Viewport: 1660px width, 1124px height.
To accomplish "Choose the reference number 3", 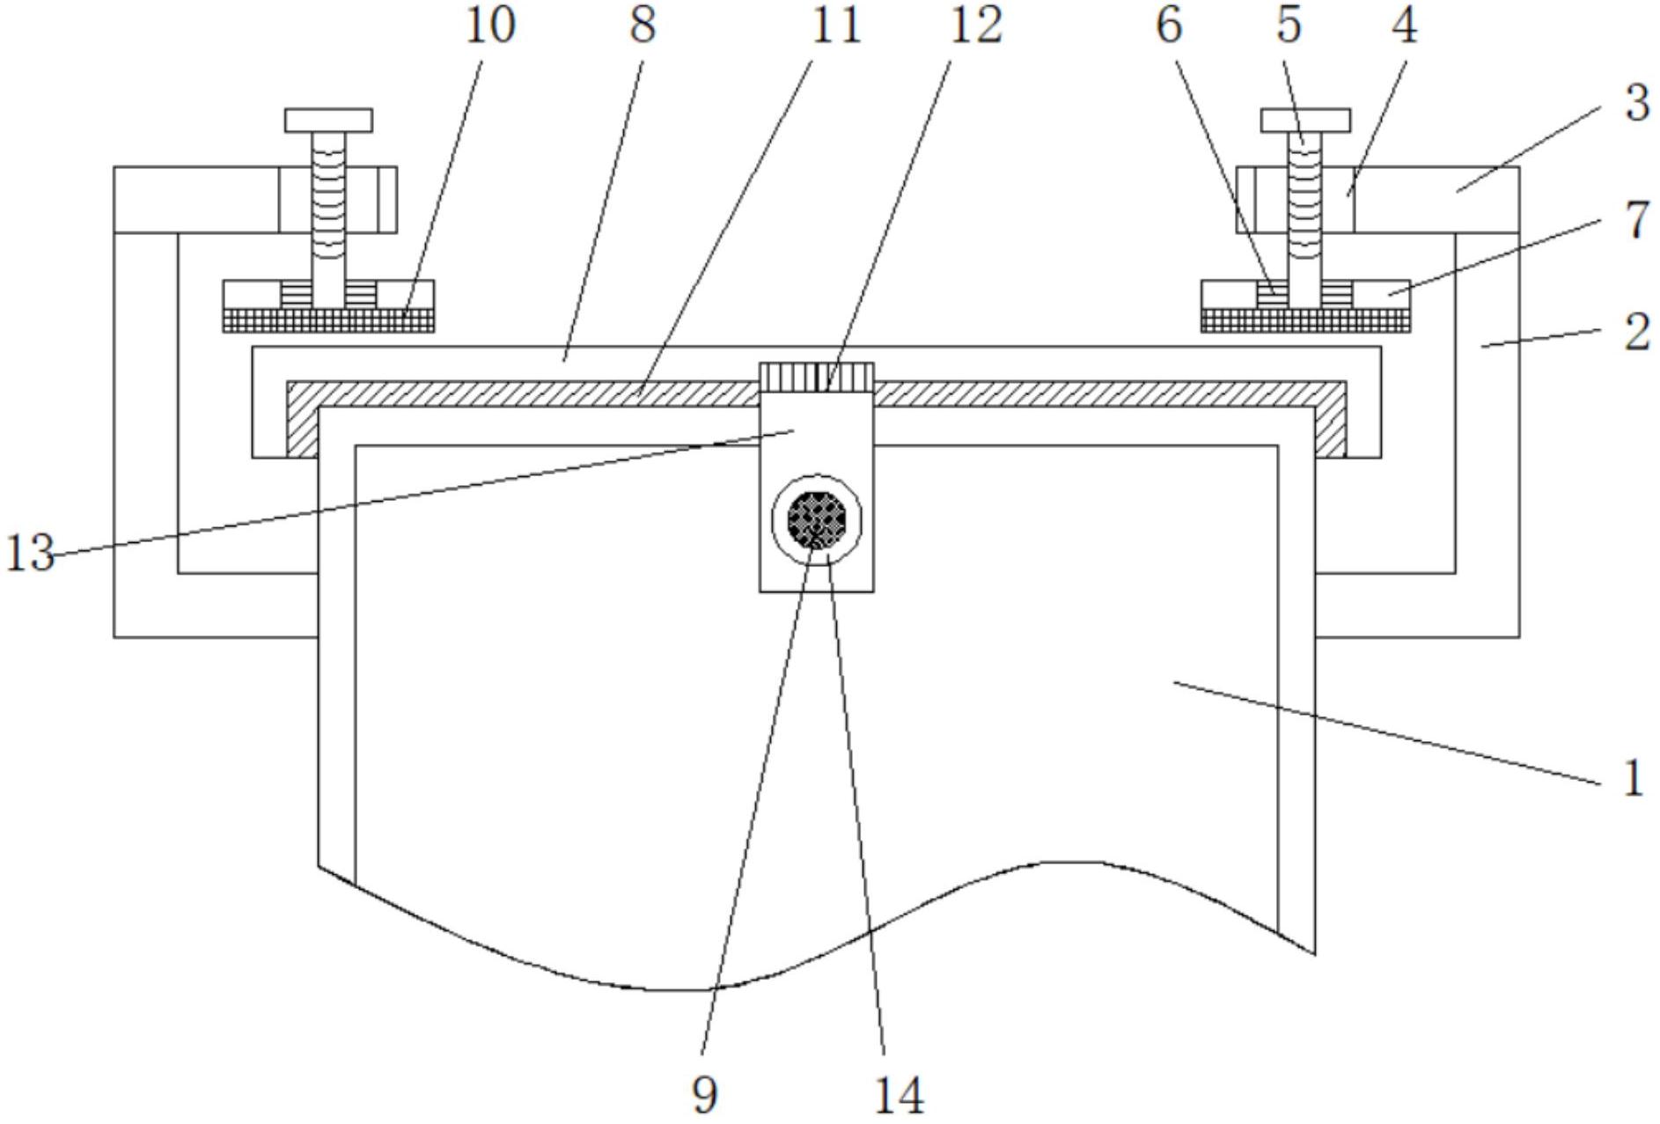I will (x=1636, y=104).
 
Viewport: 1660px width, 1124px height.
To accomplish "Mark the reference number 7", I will (x=1636, y=220).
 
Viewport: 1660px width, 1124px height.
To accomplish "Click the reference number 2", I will (x=1636, y=333).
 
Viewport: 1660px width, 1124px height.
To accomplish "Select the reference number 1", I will (x=1633, y=778).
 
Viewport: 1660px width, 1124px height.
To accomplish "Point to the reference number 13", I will (x=30, y=554).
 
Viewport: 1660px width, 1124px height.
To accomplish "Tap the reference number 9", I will (x=704, y=1095).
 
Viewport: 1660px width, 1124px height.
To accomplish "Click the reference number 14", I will (x=899, y=1095).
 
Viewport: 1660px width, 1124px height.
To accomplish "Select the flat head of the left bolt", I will (x=328, y=121).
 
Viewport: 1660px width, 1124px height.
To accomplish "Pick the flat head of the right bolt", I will (x=1305, y=121).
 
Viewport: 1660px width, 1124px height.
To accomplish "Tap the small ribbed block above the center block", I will (x=817, y=377).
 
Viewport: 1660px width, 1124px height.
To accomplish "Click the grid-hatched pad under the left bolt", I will (x=328, y=320).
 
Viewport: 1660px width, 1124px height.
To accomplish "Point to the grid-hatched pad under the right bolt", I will (x=1305, y=320).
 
